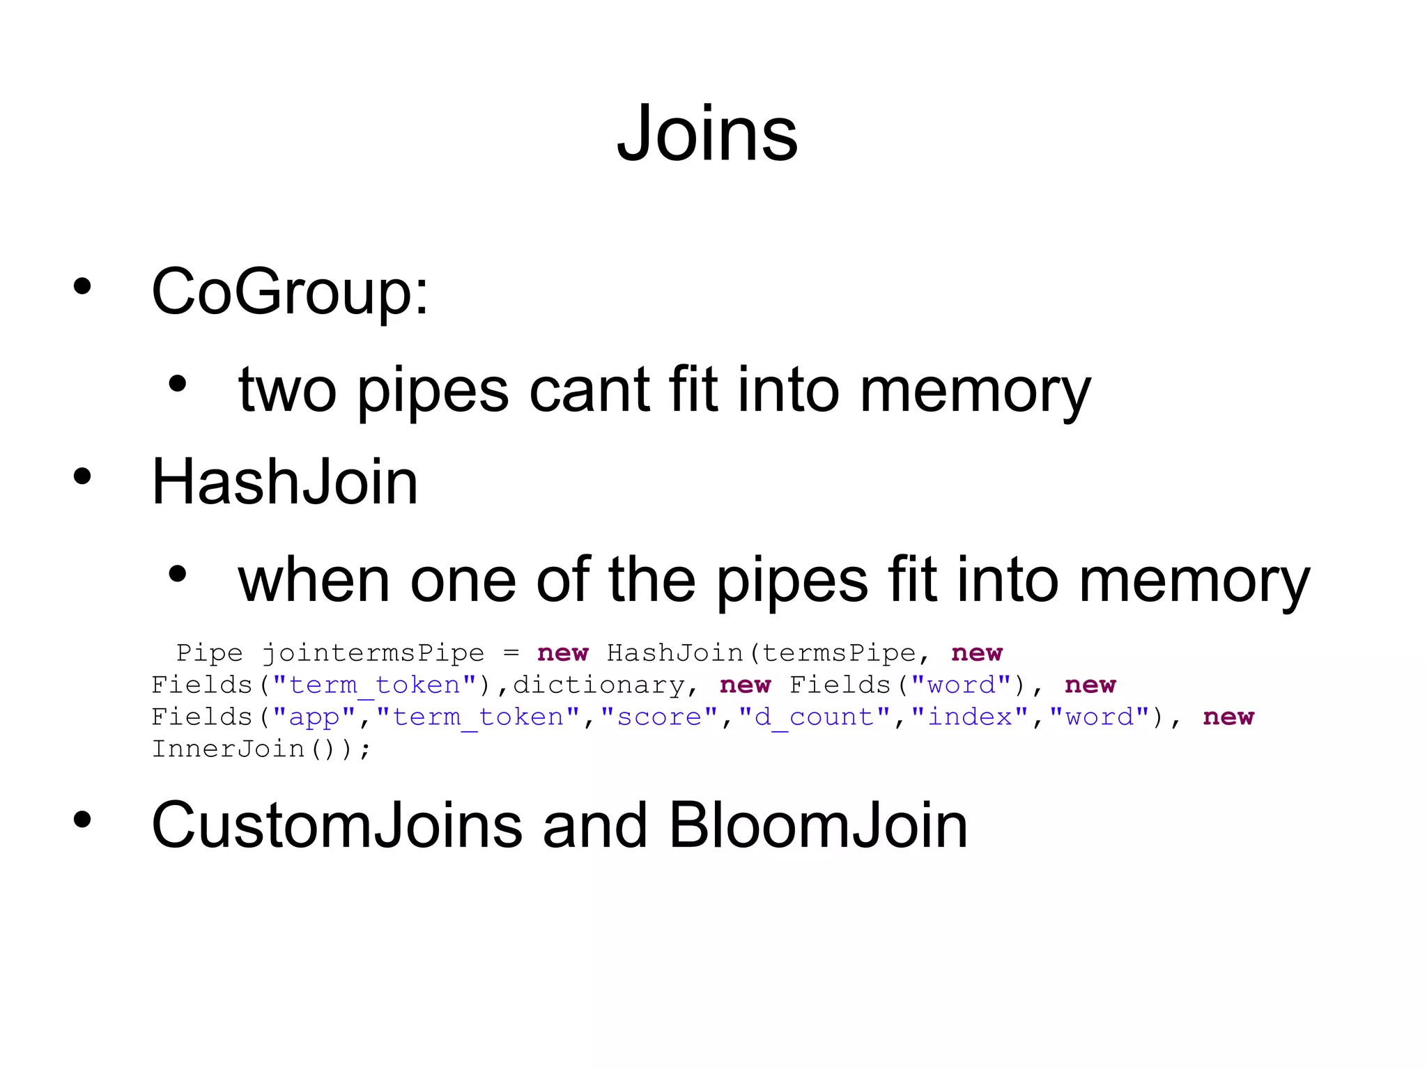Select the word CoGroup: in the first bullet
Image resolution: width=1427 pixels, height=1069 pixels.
coord(289,291)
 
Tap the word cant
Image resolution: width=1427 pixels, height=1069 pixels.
coord(589,390)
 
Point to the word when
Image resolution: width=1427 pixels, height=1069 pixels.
coord(314,580)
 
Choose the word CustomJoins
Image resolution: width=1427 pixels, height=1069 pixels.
coord(337,825)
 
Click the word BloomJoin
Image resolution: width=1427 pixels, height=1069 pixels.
coord(818,825)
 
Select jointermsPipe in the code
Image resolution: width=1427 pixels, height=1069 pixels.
coord(373,653)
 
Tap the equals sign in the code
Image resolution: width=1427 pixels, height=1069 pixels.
coord(511,653)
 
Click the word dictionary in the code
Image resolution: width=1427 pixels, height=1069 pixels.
coord(599,685)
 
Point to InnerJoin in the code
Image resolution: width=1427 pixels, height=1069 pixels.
coord(228,749)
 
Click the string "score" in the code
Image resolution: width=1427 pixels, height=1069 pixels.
coord(659,717)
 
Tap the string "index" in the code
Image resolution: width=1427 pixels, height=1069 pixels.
coord(970,717)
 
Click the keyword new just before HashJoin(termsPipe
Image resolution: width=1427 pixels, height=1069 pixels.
coord(563,653)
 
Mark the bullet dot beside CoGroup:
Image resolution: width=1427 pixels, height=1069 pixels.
coord(82,286)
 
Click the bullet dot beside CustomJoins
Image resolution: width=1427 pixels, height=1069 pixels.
coord(82,820)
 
